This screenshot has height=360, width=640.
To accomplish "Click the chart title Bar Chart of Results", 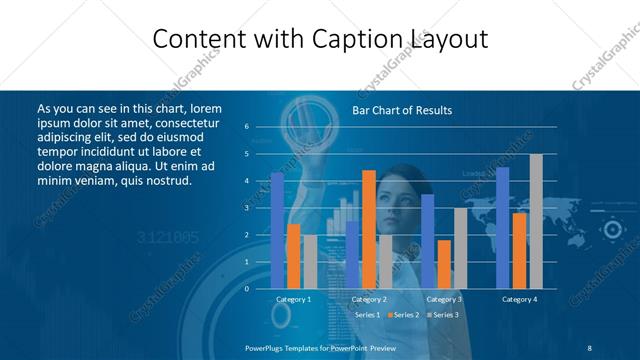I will point(402,110).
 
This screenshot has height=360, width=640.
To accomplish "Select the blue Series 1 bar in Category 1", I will point(277,230).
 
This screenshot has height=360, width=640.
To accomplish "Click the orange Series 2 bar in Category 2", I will point(369,229).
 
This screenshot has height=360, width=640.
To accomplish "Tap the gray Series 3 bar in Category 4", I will point(536,221).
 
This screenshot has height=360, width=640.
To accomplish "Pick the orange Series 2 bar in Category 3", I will point(444,264).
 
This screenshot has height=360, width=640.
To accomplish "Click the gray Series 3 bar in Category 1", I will point(310,261).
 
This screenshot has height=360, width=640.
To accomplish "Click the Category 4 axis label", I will point(519,299).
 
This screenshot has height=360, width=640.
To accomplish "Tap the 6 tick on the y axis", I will point(246,127).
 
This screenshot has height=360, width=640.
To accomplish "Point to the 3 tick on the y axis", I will point(246,208).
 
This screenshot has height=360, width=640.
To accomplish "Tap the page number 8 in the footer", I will point(590,348).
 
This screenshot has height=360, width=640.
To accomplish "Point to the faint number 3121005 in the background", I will point(167,237).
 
